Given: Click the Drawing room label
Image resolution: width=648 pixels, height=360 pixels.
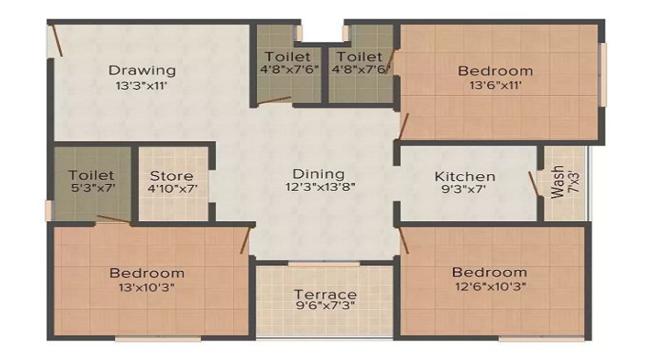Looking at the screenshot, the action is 142,71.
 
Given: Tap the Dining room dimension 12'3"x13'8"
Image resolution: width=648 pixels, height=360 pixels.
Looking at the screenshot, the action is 320,187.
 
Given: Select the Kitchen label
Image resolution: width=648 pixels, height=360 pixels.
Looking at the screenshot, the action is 465,176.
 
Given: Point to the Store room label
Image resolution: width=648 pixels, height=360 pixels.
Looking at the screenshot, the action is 171,176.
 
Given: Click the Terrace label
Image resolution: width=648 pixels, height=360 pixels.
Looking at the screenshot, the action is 325,294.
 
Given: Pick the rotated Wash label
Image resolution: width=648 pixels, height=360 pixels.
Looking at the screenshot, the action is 557,182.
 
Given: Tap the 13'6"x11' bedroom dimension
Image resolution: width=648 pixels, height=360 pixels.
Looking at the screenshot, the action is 495,86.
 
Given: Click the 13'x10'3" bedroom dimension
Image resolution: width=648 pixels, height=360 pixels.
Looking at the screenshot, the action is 147,287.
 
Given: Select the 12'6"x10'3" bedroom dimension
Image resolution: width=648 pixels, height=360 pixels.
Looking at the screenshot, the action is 491,286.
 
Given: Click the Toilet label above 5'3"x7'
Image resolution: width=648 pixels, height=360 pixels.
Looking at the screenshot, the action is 91,175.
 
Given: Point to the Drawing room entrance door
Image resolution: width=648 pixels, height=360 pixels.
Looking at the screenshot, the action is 56,40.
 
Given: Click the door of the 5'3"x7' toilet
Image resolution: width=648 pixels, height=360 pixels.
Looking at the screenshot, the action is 114,220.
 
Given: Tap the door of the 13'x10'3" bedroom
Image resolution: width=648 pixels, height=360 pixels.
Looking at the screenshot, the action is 246,240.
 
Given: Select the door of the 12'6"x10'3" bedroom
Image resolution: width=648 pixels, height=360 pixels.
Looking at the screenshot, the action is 404,240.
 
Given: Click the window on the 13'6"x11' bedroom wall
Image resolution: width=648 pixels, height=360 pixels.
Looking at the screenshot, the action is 603,75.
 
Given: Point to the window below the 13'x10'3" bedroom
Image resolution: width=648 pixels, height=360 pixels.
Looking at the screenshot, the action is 158,339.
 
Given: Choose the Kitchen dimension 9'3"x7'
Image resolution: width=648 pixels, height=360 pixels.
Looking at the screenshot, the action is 463,189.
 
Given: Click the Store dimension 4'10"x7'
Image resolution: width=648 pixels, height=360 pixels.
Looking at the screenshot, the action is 172,189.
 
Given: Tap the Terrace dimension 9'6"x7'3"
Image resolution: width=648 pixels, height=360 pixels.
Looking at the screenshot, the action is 325,306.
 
